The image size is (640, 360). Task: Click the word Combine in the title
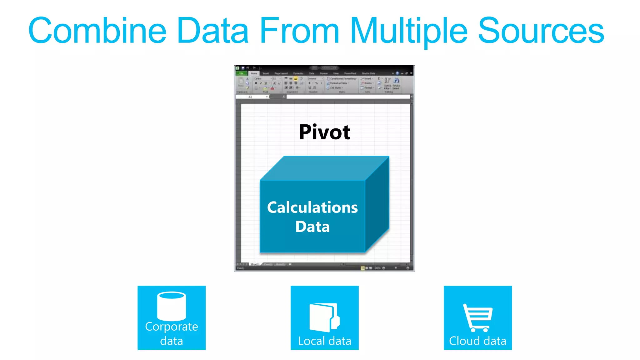(97, 31)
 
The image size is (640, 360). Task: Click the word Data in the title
(212, 31)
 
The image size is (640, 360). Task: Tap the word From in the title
(299, 31)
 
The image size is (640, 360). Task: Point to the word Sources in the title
(541, 31)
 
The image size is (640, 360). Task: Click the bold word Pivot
(324, 132)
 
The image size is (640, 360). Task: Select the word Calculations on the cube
(312, 207)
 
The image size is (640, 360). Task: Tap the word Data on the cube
(312, 227)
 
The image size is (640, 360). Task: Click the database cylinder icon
(172, 306)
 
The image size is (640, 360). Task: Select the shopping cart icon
(477, 317)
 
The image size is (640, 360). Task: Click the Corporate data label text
(172, 333)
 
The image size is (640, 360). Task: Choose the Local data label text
(324, 341)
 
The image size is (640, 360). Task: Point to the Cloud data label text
(477, 341)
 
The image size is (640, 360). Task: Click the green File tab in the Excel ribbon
(241, 73)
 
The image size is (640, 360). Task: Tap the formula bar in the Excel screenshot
(347, 97)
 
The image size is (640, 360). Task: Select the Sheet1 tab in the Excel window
(255, 264)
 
